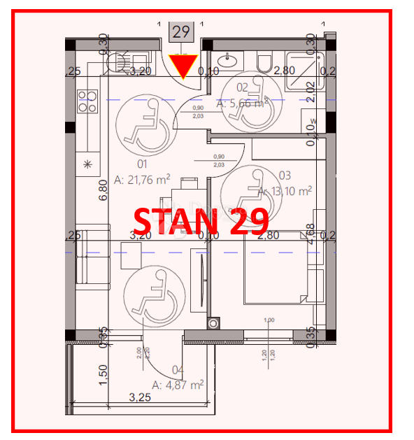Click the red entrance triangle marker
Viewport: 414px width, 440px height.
point(184,66)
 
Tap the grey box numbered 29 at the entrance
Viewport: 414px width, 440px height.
point(181,31)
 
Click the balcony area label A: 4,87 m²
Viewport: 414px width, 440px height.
point(178,385)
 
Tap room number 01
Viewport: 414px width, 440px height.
point(143,164)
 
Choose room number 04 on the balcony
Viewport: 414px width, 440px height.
point(178,371)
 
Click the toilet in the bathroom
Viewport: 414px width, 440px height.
point(264,64)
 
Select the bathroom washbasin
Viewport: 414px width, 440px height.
point(227,59)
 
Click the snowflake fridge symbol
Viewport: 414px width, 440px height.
point(87,164)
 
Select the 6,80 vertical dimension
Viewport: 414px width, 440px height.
point(103,189)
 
